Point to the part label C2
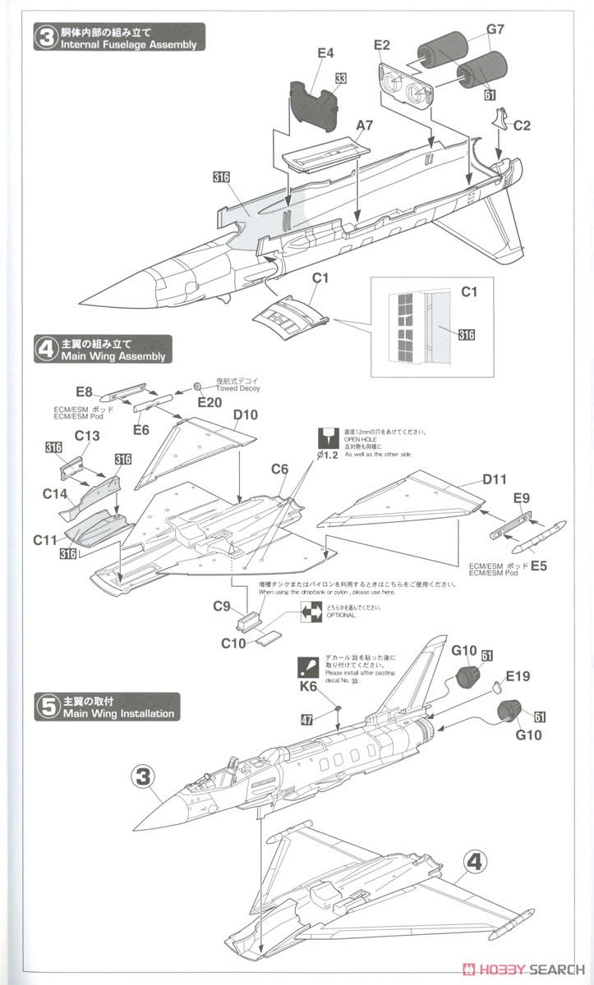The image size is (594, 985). click(x=523, y=126)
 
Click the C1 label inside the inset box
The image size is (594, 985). click(x=469, y=291)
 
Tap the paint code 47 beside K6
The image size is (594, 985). click(x=306, y=720)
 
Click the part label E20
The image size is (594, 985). click(x=210, y=401)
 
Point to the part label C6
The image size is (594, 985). click(x=280, y=469)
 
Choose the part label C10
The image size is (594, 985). click(x=233, y=643)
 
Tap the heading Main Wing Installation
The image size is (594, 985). click(x=117, y=713)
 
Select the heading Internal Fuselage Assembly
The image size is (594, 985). click(x=128, y=44)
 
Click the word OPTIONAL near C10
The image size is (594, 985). click(x=340, y=616)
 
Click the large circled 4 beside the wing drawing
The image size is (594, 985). click(x=474, y=863)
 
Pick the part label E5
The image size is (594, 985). click(x=538, y=566)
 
